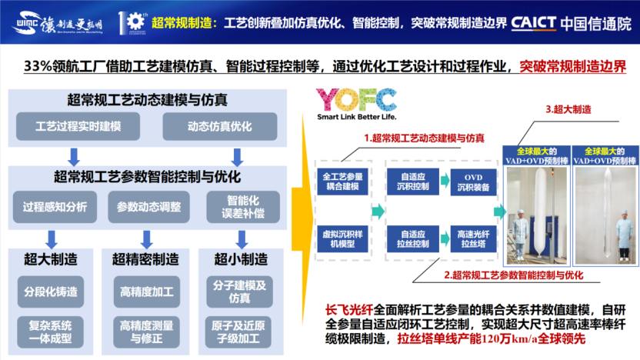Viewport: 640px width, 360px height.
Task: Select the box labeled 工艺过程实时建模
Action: [x=78, y=125]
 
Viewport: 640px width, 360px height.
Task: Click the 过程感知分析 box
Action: [x=55, y=206]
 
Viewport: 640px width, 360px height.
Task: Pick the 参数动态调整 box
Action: [x=149, y=206]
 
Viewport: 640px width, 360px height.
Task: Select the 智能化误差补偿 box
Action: [x=237, y=205]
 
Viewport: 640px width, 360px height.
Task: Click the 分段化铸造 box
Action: [x=50, y=291]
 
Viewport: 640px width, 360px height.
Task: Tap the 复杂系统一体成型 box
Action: [x=50, y=331]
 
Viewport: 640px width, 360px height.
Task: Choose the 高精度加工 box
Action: [x=147, y=292]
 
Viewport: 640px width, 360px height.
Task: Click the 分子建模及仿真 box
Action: [x=239, y=291]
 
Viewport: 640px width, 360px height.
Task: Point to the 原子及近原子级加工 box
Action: [x=239, y=332]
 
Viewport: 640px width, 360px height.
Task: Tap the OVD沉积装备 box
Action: [x=471, y=181]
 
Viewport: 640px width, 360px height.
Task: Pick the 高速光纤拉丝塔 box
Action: [x=471, y=237]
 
